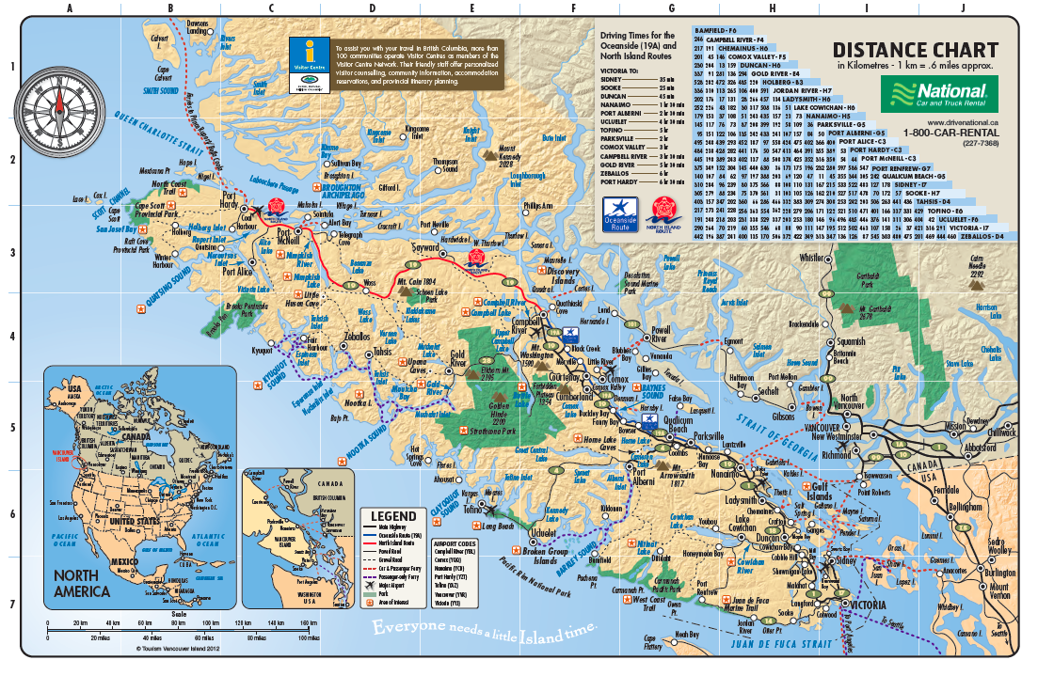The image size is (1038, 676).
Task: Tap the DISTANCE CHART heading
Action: click(915, 50)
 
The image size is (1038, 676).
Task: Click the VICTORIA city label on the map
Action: click(867, 605)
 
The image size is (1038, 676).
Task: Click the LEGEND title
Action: click(393, 515)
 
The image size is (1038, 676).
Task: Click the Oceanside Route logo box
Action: click(618, 212)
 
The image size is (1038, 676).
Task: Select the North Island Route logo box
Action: click(662, 212)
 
